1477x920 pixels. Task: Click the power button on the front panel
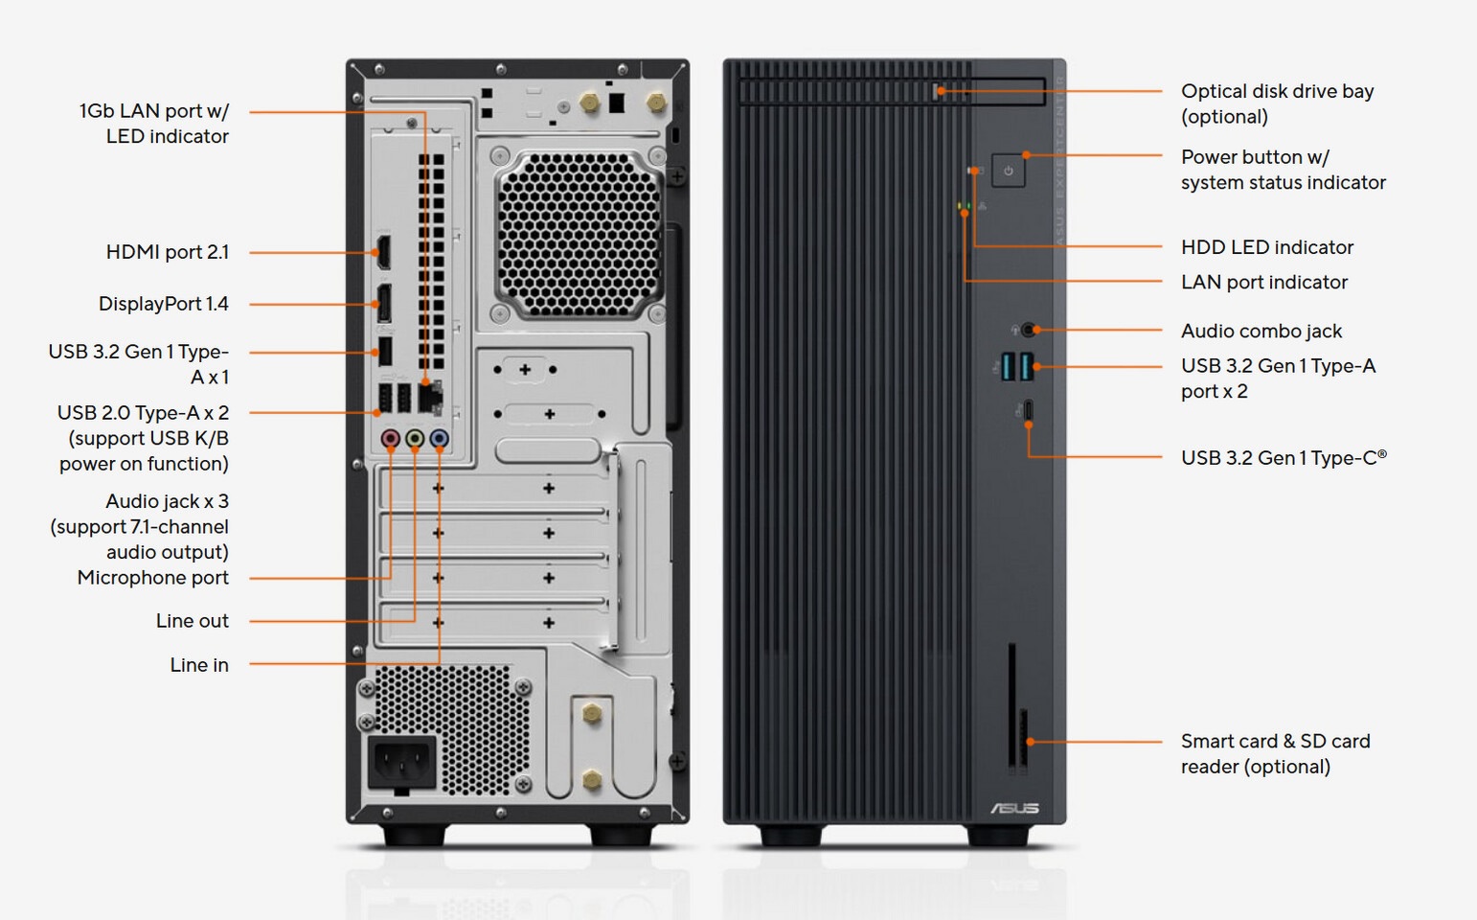pyautogui.click(x=1009, y=171)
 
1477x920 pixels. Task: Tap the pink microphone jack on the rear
pyautogui.click(x=391, y=438)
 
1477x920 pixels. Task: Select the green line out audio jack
pyautogui.click(x=415, y=438)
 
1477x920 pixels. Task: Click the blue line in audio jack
pyautogui.click(x=439, y=438)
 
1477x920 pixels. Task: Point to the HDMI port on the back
pyautogui.click(x=383, y=253)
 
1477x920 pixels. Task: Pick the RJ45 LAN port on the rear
pyautogui.click(x=430, y=398)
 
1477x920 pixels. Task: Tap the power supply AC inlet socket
pyautogui.click(x=401, y=762)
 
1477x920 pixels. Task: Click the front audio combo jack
pyautogui.click(x=1028, y=329)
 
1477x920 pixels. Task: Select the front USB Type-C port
pyautogui.click(x=1028, y=410)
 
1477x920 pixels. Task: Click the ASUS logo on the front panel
pyautogui.click(x=1014, y=808)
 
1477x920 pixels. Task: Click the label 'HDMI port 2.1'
pyautogui.click(x=168, y=252)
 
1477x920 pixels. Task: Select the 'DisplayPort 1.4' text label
pyautogui.click(x=164, y=304)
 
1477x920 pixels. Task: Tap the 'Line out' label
pyautogui.click(x=193, y=621)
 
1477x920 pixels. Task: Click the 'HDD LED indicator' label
pyautogui.click(x=1267, y=247)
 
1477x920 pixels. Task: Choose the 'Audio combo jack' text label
pyautogui.click(x=1261, y=331)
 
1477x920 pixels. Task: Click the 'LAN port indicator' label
pyautogui.click(x=1264, y=283)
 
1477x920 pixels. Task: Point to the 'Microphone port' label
pyautogui.click(x=153, y=578)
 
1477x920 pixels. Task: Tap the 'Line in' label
pyautogui.click(x=199, y=665)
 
